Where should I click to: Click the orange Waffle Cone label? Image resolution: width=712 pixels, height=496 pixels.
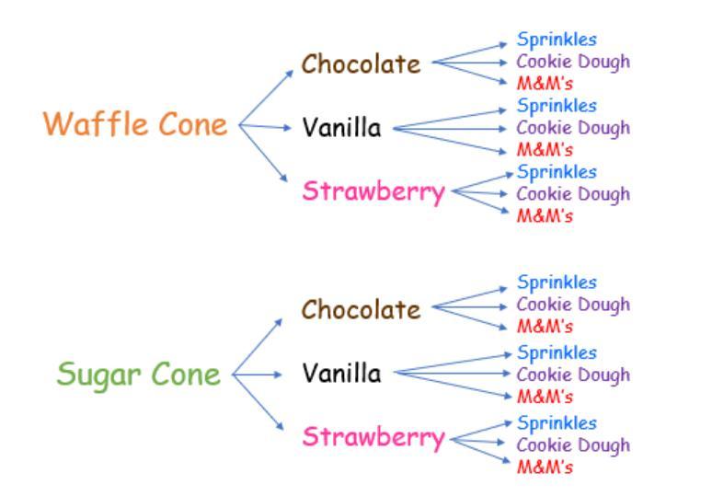135,124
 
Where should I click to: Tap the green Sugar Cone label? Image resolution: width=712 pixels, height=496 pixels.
139,375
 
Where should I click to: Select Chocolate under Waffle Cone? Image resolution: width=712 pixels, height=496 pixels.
362,64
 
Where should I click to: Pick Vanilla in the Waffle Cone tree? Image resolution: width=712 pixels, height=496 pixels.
341,128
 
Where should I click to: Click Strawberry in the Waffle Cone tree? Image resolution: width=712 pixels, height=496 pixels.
373,192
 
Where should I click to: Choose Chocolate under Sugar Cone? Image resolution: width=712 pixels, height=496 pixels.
362,310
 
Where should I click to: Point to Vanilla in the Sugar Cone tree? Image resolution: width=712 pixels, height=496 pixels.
341,374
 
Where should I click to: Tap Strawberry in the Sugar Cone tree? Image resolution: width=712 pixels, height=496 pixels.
373,437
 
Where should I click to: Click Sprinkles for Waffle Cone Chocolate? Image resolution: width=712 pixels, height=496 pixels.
557,40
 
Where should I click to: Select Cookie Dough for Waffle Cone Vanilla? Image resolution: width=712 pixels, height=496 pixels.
573,128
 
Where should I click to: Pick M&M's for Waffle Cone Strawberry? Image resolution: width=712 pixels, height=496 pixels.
545,216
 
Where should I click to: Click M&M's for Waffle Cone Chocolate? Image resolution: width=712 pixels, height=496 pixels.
545,84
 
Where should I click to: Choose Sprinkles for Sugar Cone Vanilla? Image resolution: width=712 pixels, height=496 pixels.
557,352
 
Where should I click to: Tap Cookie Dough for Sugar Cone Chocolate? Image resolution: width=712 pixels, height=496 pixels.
573,305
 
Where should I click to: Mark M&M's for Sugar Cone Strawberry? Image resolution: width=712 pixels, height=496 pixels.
545,467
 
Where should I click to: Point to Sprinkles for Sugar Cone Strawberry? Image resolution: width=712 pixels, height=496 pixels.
557,423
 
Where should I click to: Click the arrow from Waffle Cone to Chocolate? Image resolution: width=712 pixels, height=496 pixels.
267,96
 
